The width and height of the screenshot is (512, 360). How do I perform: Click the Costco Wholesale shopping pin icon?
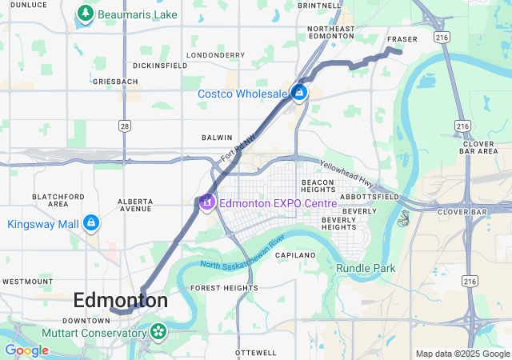299,94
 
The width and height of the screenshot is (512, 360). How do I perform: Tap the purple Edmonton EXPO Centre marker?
206,202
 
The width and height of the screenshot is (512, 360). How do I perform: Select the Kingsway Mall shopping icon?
90,223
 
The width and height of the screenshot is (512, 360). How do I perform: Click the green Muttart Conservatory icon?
158,330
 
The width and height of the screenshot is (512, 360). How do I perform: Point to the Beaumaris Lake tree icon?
85,14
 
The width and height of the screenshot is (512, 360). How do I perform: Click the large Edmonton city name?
120,301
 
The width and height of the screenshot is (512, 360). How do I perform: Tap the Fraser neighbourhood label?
402,39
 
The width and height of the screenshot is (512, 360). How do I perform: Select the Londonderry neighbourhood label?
215,55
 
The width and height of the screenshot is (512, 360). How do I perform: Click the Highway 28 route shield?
124,126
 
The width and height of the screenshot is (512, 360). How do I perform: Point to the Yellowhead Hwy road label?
347,172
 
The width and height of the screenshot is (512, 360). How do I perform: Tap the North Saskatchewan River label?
242,254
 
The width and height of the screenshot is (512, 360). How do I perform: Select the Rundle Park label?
366,268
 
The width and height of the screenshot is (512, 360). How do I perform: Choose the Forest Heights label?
218,287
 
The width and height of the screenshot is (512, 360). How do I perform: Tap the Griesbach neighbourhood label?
115,82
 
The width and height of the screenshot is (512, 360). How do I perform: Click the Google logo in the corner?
26,350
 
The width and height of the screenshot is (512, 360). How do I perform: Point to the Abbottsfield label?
369,196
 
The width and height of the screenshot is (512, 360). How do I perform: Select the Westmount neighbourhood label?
27,282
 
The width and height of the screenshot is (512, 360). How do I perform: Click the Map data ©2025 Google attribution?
462,354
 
